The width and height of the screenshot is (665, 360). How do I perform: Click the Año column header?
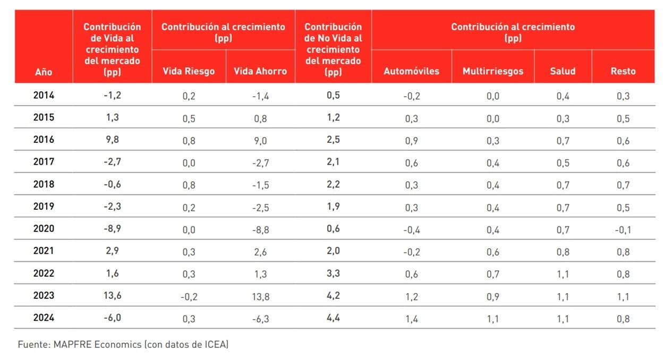coord(44,71)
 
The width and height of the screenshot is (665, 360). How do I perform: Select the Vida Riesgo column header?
coord(188,71)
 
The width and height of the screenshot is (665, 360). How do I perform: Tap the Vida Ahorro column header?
coord(260,71)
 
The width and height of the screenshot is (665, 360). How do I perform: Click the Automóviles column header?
coord(412,71)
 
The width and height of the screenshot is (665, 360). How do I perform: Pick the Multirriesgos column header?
coord(493,71)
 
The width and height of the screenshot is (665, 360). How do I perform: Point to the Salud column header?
coord(562,71)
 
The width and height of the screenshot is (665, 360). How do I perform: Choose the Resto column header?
coord(623,71)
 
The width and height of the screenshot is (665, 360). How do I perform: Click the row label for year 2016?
coord(44,140)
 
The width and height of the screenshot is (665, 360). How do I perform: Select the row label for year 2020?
coord(44,229)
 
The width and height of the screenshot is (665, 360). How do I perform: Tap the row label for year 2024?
coord(44,319)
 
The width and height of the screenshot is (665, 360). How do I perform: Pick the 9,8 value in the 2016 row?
coord(112,140)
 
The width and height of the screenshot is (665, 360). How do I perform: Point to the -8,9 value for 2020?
coord(112,229)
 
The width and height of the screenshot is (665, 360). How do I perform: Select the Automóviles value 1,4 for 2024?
coord(412,319)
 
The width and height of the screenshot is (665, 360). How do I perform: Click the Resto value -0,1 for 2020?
coord(623,230)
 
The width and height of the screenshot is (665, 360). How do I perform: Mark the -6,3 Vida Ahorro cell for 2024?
coord(260,319)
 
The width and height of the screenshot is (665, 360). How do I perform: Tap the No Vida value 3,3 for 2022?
coord(333,274)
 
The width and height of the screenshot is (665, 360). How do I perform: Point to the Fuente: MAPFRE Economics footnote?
coord(123,345)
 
